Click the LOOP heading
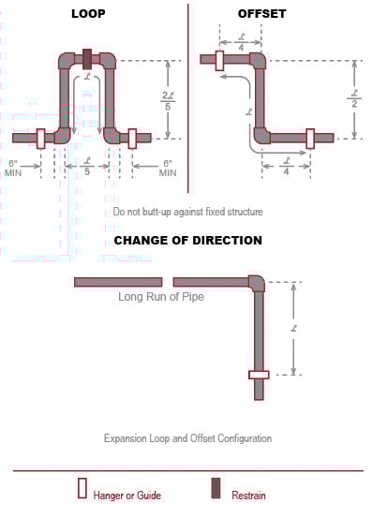pos(87,14)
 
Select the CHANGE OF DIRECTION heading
pos(187,241)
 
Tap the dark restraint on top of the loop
pos(87,58)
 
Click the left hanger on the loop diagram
pos(40,138)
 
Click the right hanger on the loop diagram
pos(132,138)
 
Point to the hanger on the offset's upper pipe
pos(218,60)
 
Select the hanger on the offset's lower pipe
pos(310,138)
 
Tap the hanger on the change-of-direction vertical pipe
pos(258,375)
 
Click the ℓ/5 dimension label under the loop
pos(86,170)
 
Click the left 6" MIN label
pos(14,168)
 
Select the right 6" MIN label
pos(168,168)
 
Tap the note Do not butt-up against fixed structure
pos(187,213)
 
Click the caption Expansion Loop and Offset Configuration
pos(187,437)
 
